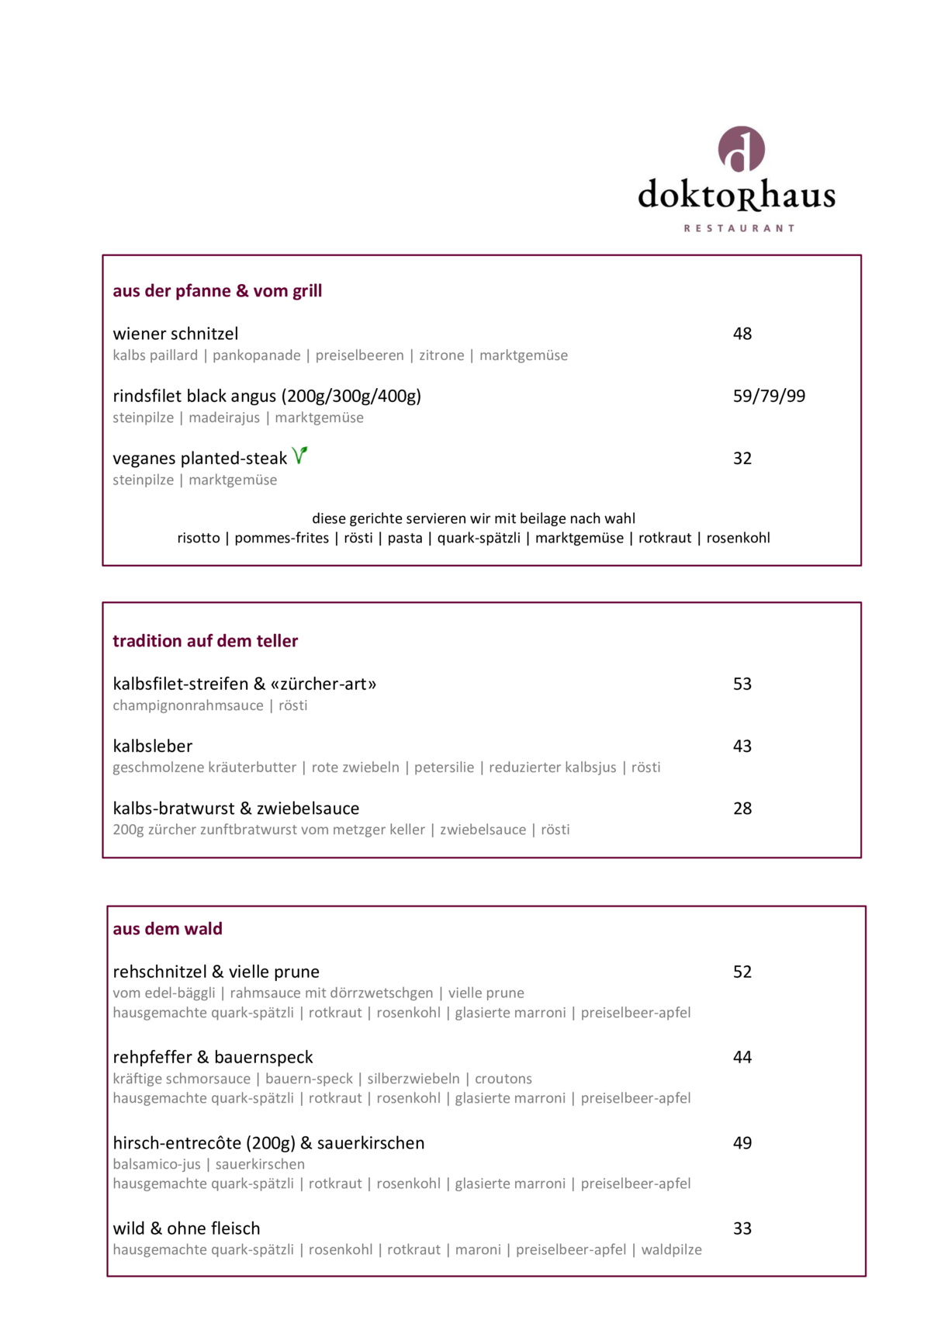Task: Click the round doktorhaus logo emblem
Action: coord(741,149)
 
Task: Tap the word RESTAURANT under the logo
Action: coord(739,228)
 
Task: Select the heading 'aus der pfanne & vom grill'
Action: coord(217,291)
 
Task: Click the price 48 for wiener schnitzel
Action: coord(742,334)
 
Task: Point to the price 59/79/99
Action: coord(769,396)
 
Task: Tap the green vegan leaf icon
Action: coord(299,456)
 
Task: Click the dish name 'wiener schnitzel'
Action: coord(175,334)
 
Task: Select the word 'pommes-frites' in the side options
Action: coord(282,538)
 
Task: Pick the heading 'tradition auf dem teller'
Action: coord(206,641)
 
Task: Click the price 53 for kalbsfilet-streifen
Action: coord(742,684)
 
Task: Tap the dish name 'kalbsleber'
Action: coord(153,746)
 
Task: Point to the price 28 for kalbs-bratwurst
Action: coord(742,808)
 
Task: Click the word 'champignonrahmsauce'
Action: coord(188,705)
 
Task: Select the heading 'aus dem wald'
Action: coord(168,929)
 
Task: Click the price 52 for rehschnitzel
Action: coord(742,972)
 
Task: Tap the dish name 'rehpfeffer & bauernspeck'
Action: coord(213,1057)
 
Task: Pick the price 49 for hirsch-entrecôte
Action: coord(742,1142)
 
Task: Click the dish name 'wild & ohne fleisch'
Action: coord(186,1228)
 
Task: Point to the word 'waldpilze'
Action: coord(671,1249)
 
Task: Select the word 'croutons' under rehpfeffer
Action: coord(503,1079)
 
